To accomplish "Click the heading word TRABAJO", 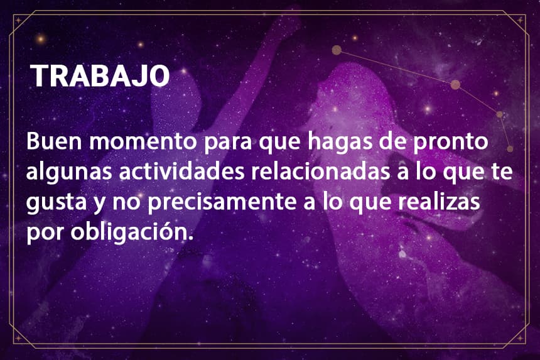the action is pos(100,75).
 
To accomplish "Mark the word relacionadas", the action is pos(320,172).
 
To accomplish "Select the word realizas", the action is pos(439,201).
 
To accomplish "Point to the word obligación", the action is pos(132,232).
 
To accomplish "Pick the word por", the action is pos(45,234).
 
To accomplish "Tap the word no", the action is pos(126,203).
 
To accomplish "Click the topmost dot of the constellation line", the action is pos(337,50).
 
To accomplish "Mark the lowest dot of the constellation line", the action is pos(510,149).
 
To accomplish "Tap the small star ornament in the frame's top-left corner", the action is pos(18,21).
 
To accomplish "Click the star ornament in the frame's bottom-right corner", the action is pos(520,338).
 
